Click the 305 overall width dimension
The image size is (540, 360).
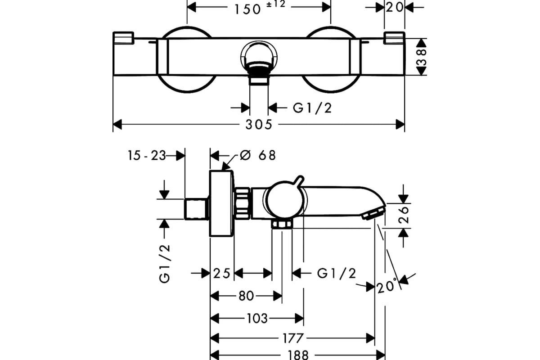[259, 125]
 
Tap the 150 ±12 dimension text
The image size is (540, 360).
[260, 8]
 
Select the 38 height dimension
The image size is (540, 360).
[422, 57]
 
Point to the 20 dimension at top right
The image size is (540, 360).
[394, 7]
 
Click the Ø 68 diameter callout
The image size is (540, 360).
[257, 155]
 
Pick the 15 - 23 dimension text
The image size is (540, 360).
[147, 156]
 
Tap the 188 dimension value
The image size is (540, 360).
[298, 355]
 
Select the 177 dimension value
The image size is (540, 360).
[292, 338]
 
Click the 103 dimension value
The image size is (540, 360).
[257, 319]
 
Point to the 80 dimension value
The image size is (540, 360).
[247, 296]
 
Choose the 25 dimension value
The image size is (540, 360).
[222, 274]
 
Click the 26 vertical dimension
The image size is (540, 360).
[404, 214]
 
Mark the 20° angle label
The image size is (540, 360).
[387, 285]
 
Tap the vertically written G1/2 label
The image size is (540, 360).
[165, 264]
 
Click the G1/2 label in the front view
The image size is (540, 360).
[312, 108]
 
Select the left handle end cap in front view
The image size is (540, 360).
[123, 38]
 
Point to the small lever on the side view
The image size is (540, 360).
[299, 182]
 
